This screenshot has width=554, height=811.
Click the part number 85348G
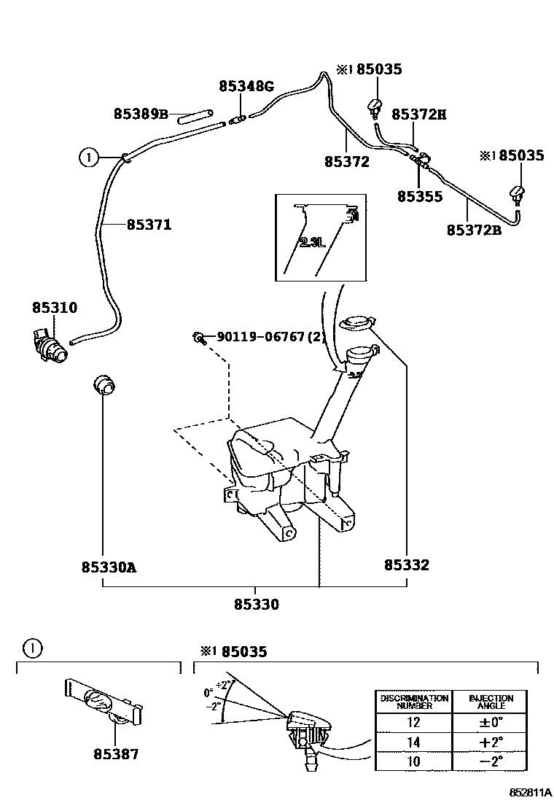pyautogui.click(x=246, y=87)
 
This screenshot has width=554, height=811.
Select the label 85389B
pyautogui.click(x=141, y=114)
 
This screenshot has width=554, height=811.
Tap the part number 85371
pyautogui.click(x=149, y=225)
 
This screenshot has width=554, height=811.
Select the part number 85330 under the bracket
pyautogui.click(x=257, y=605)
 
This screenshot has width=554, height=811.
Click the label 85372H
pyautogui.click(x=418, y=114)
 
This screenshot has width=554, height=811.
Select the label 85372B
pyautogui.click(x=475, y=230)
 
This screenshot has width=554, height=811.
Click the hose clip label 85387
pyautogui.click(x=115, y=755)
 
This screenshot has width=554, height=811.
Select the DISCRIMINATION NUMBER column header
pyautogui.click(x=413, y=702)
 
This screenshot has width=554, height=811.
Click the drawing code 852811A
pyautogui.click(x=530, y=793)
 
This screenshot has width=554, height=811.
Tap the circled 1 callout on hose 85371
pyautogui.click(x=87, y=156)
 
